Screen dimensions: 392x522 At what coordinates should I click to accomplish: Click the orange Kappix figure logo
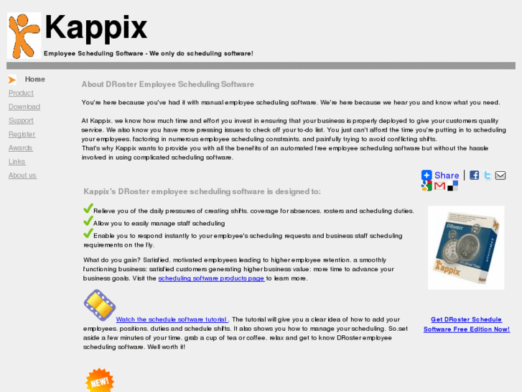click(x=24, y=35)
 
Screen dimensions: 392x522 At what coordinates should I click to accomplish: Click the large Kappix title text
click(x=95, y=28)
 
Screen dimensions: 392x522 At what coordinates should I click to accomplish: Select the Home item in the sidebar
click(x=34, y=79)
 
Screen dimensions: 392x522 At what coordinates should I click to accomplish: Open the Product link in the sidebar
click(x=21, y=93)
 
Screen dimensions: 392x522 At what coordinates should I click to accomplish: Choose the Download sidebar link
click(x=24, y=106)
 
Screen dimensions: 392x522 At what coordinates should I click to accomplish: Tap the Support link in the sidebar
click(x=21, y=120)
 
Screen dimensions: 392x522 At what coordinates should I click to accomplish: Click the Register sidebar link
click(x=22, y=134)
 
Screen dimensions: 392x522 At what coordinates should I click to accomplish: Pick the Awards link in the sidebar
click(x=20, y=147)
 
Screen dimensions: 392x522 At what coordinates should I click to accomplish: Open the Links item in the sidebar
click(x=17, y=162)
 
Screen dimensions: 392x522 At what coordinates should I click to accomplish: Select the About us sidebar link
click(x=22, y=176)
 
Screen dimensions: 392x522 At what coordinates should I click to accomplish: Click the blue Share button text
click(x=446, y=175)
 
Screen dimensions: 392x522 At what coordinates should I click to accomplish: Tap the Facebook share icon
click(x=474, y=175)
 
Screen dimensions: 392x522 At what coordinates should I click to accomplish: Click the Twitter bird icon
click(x=488, y=175)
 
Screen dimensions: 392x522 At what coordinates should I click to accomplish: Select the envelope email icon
click(x=500, y=175)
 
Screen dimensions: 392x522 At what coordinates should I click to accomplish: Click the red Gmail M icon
click(x=439, y=186)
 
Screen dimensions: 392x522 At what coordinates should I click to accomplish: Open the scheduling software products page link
click(x=211, y=278)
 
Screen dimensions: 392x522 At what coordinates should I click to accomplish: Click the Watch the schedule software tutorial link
click(x=171, y=319)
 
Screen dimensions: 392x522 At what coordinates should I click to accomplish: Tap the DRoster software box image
click(x=465, y=247)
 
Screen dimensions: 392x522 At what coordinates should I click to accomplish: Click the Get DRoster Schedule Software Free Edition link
click(x=466, y=324)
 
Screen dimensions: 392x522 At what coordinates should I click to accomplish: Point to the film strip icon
click(x=99, y=305)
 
